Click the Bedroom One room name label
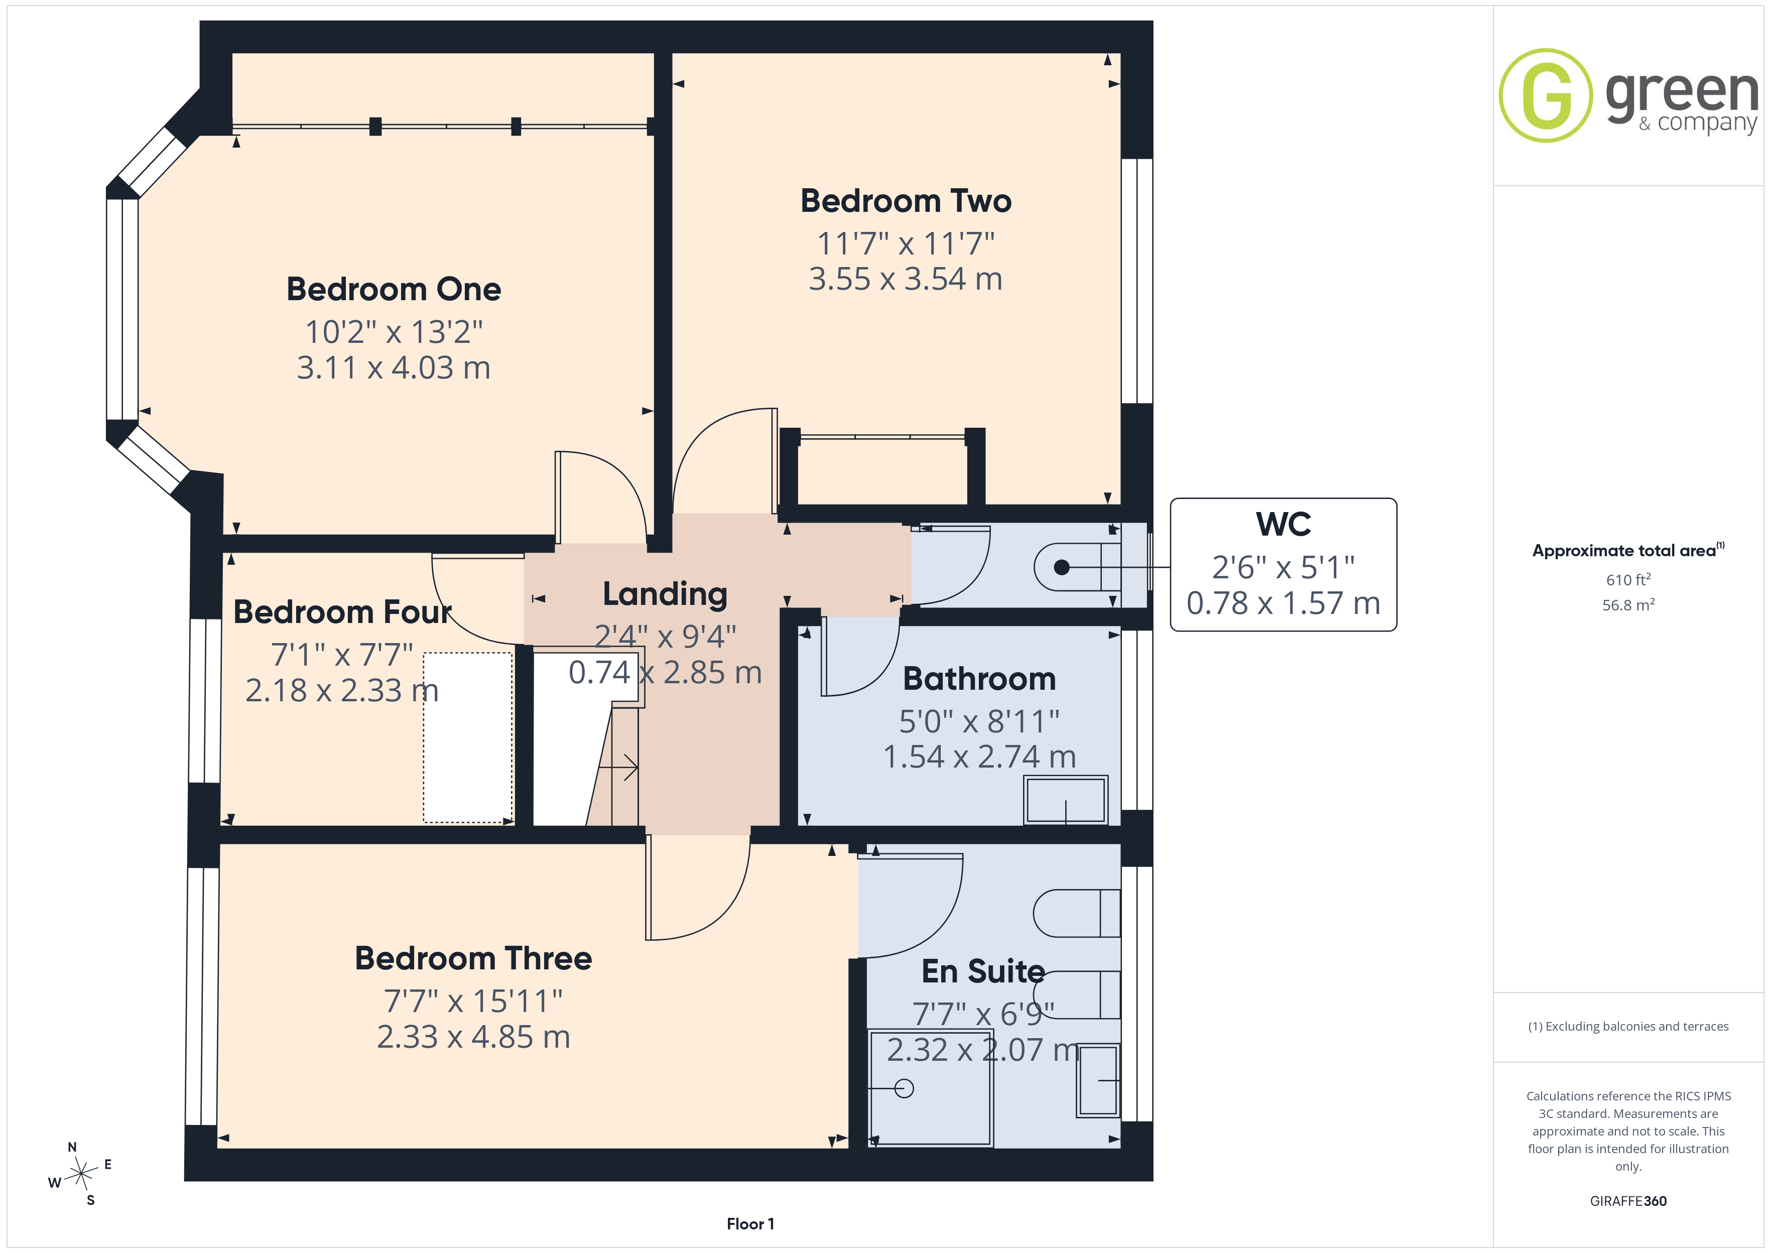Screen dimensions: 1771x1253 click(x=394, y=289)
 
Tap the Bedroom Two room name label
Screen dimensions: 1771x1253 click(x=906, y=201)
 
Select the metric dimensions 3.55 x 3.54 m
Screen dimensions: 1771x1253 click(x=906, y=279)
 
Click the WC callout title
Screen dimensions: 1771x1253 click(x=1284, y=524)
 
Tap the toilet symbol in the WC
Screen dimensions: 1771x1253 click(x=1077, y=567)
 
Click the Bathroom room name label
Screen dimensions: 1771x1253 click(x=979, y=679)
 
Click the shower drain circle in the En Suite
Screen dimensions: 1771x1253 click(x=904, y=1089)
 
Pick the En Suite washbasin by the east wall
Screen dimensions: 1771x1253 click(x=1098, y=1080)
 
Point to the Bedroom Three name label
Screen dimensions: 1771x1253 click(x=473, y=958)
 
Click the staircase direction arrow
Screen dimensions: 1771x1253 click(x=618, y=768)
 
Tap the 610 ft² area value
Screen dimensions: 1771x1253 click(x=1628, y=579)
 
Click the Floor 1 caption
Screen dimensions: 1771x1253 click(x=750, y=1224)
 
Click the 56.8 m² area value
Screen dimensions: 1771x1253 click(x=1628, y=605)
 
